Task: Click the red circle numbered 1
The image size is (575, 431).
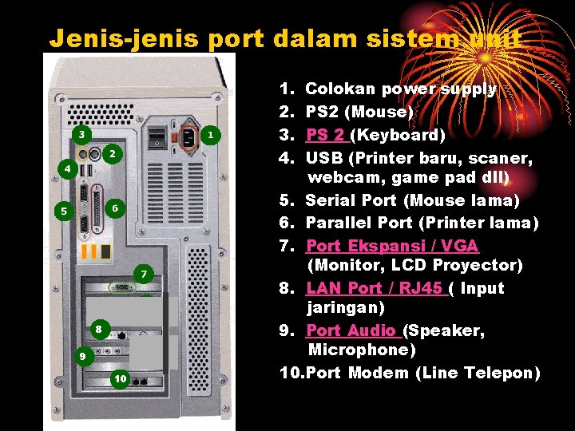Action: [x=209, y=136]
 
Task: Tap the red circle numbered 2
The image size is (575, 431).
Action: [x=113, y=152]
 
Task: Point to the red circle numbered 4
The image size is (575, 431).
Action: [x=68, y=169]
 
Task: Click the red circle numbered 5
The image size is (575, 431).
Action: [x=65, y=211]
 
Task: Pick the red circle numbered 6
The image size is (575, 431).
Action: [x=115, y=208]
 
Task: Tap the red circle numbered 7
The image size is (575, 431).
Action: [x=143, y=274]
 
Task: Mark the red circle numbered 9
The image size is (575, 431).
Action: [x=80, y=356]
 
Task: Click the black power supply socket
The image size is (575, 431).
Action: [x=188, y=136]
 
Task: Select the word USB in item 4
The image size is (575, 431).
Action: [x=324, y=156]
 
